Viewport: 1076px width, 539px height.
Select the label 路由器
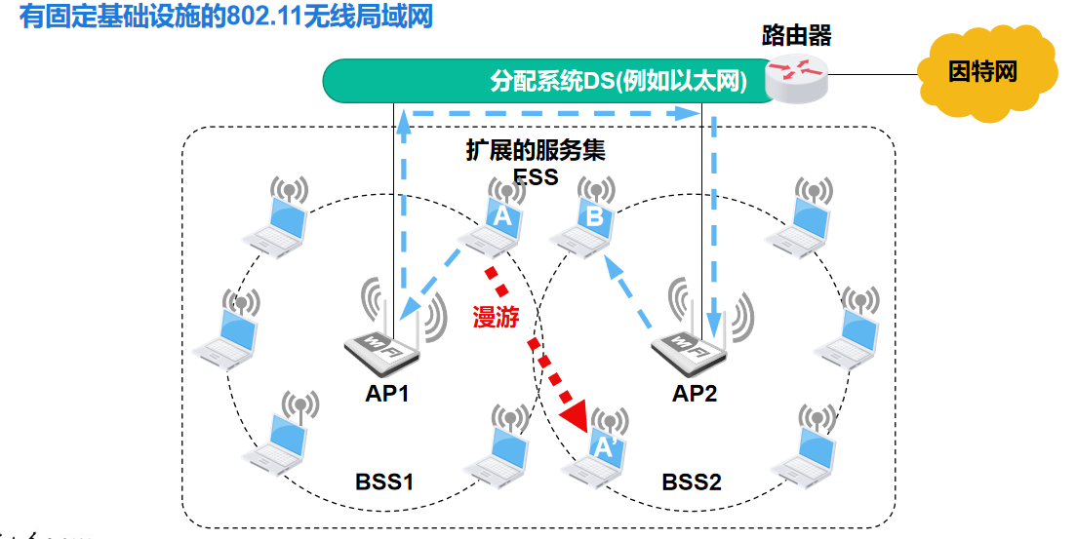[796, 37]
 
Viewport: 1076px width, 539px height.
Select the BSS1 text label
[384, 481]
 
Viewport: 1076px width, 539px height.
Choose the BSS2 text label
[692, 481]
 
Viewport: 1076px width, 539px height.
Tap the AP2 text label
[696, 394]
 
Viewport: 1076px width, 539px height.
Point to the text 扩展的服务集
[536, 151]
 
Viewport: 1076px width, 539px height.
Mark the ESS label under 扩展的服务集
[536, 176]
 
